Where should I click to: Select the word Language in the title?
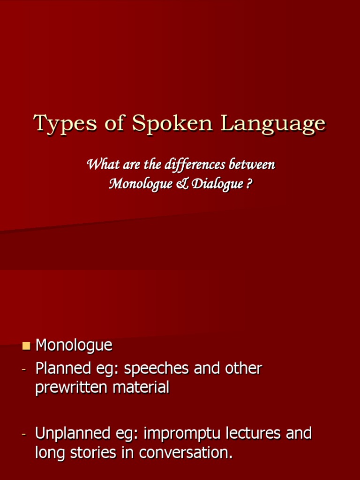pos(273,124)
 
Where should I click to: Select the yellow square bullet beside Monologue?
pos(26,346)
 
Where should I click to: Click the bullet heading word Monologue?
pos(74,346)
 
